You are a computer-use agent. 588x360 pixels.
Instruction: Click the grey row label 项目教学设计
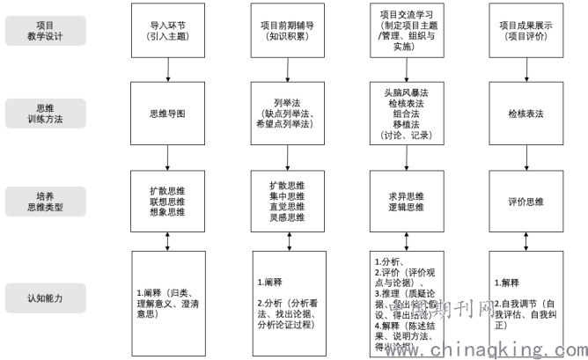(x=44, y=32)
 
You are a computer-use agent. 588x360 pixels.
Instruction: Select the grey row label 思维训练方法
(x=44, y=113)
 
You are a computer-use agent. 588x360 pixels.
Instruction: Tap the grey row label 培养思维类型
(x=44, y=202)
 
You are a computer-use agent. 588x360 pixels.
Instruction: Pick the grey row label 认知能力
(x=44, y=295)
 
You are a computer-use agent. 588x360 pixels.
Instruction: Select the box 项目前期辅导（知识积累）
(x=287, y=33)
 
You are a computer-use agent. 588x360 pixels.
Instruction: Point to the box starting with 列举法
(x=287, y=114)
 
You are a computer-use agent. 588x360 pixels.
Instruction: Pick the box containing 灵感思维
(x=287, y=202)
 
